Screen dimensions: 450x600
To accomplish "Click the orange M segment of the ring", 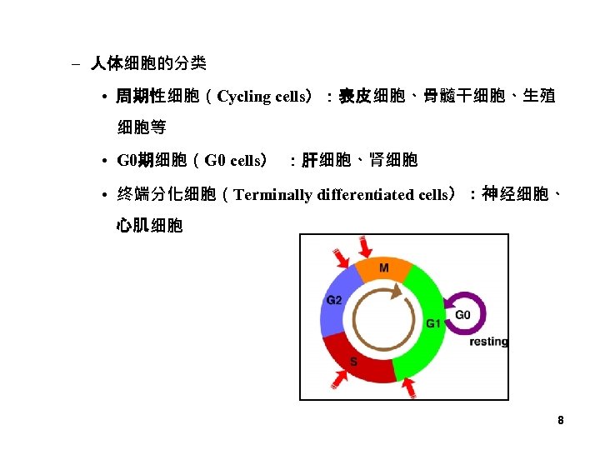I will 383,272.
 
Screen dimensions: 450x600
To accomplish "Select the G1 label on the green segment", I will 433,323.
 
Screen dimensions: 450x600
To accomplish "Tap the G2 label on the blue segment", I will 334,300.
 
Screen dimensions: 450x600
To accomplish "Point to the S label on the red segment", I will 353,361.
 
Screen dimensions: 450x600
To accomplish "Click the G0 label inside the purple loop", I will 462,315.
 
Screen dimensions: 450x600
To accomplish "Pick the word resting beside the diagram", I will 488,342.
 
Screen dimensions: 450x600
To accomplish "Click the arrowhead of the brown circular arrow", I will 397,291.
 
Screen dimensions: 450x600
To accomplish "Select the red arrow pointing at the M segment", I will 365,247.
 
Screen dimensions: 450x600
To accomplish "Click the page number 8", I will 561,421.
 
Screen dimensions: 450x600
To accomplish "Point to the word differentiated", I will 374,195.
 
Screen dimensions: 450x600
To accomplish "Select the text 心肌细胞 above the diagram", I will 150,225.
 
